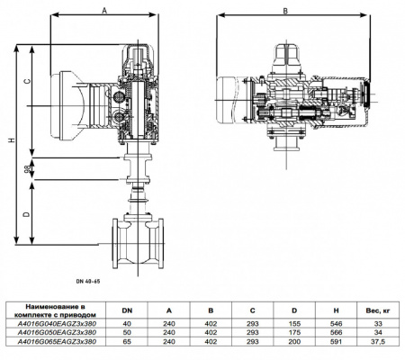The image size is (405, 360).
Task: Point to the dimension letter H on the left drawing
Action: click(10, 141)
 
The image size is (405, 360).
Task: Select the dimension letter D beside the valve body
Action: click(28, 213)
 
